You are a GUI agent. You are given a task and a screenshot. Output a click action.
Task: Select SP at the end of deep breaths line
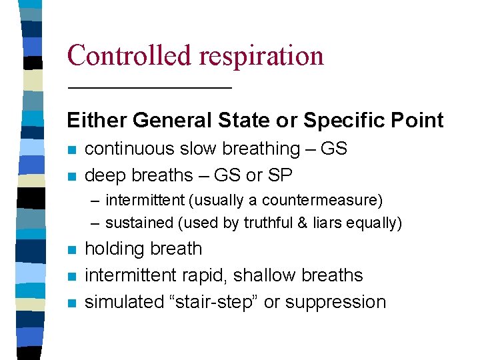point(280,175)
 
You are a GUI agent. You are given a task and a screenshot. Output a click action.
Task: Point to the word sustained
point(136,223)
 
